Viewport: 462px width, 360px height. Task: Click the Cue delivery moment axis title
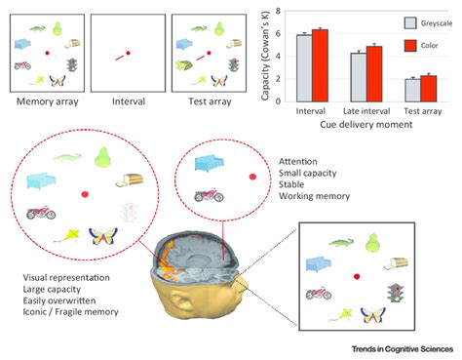(365, 127)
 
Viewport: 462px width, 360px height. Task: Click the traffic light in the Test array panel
(233, 64)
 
